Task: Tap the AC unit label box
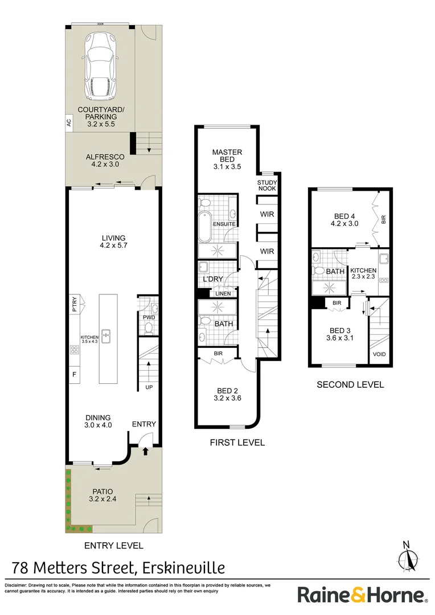[69, 122]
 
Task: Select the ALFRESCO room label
[101, 160]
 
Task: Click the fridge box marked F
[74, 374]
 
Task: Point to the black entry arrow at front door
[145, 451]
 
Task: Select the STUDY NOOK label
[267, 184]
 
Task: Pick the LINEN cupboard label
[223, 293]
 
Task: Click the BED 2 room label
[227, 395]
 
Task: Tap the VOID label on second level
[379, 354]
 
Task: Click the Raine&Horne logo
[363, 596]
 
